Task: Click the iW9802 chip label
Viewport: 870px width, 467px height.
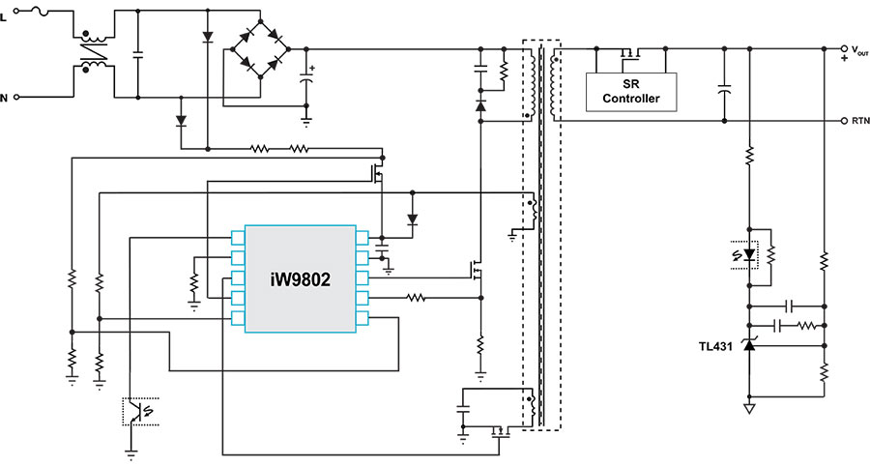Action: point(300,280)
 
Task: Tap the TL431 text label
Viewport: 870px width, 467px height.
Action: point(718,345)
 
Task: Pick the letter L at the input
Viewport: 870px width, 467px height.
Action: point(5,11)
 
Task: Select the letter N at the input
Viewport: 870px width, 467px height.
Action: point(5,98)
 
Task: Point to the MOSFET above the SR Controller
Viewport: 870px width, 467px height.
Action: point(630,53)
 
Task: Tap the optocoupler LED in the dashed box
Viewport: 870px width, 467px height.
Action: point(748,254)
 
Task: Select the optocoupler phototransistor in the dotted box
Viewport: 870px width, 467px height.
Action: point(141,411)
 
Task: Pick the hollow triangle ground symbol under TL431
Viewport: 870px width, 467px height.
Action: point(748,408)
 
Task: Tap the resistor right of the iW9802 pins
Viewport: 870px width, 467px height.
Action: point(419,298)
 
